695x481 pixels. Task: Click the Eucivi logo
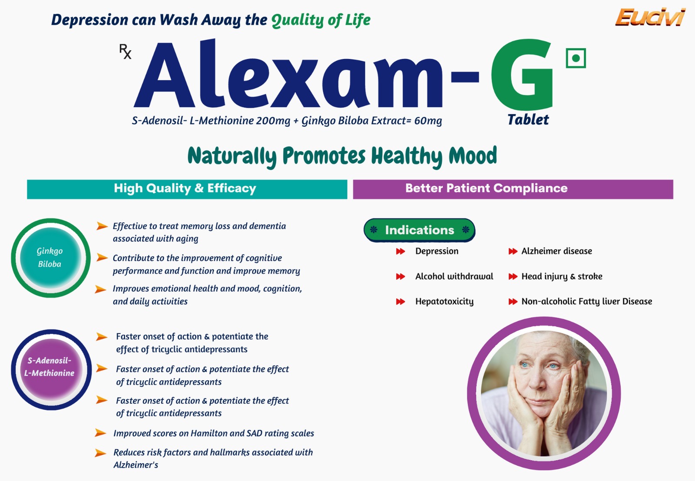[650, 17]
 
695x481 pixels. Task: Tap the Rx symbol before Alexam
[126, 52]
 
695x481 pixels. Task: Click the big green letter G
[522, 75]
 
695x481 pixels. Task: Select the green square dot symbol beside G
[576, 58]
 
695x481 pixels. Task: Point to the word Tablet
[528, 120]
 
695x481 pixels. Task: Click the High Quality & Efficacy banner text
[185, 188]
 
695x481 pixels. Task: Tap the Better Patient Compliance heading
[486, 188]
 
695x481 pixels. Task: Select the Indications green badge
[420, 230]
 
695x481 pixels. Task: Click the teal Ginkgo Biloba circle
[50, 258]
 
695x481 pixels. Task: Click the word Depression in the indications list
[437, 251]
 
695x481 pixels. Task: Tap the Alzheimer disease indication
[556, 251]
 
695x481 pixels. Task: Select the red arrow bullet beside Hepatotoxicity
[400, 301]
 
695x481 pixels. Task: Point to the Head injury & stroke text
[562, 277]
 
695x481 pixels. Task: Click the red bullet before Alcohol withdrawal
[400, 277]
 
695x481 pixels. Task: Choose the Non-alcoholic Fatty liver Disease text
[587, 301]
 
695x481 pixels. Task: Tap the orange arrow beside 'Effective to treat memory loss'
[102, 226]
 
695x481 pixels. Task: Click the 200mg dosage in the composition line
[273, 121]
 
